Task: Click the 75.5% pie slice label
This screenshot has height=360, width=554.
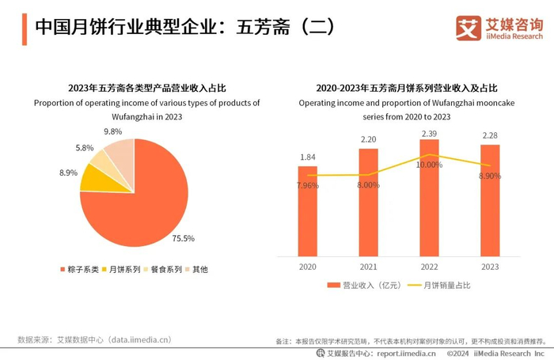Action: [184, 237]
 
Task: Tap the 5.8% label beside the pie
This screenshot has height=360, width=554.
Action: [85, 148]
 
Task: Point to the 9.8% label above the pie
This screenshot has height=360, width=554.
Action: [112, 131]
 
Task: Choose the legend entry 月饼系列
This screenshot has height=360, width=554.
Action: [125, 269]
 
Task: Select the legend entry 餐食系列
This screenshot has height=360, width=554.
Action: [168, 269]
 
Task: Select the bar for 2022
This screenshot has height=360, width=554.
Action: [429, 198]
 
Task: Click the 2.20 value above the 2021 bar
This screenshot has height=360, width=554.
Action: [368, 139]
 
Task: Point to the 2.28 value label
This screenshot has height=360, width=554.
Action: [490, 136]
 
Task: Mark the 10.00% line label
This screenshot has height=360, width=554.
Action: [429, 165]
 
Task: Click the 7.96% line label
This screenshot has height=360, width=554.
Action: [308, 185]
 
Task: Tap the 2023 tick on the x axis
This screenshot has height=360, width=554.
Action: [490, 266]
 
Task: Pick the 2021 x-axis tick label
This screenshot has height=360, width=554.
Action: [368, 266]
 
